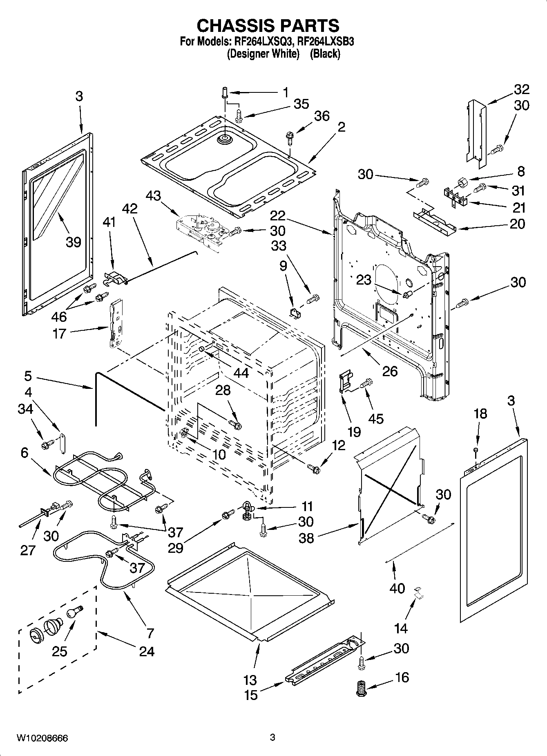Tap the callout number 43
(x=153, y=196)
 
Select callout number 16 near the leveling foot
(x=402, y=677)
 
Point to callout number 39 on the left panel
(x=74, y=242)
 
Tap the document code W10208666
(x=42, y=738)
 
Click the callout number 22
(x=277, y=215)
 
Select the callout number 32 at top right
(x=521, y=89)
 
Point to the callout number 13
(x=250, y=680)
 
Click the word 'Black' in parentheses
(x=325, y=54)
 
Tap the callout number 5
(x=28, y=375)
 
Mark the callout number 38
(x=306, y=538)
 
